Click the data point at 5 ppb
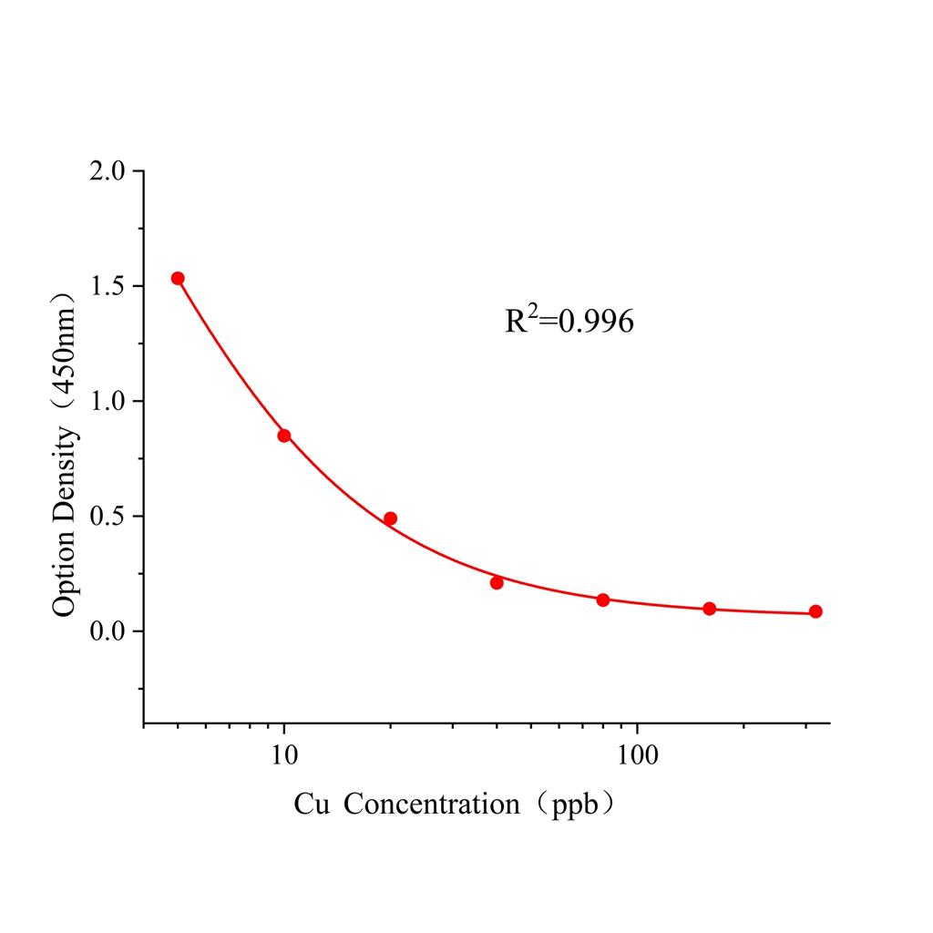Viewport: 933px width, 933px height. (178, 279)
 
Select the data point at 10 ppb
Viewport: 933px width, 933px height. (284, 436)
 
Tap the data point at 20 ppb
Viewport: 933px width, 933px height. (390, 518)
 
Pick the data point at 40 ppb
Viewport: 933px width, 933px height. (497, 582)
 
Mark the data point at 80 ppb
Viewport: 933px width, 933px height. (603, 600)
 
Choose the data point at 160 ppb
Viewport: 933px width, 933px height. (710, 609)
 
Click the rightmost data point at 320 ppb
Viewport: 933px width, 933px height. (815, 611)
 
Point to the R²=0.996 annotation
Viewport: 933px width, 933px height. (569, 320)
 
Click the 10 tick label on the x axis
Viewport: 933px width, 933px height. (284, 756)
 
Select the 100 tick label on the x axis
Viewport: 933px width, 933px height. (636, 756)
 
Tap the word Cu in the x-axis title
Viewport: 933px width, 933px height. (311, 805)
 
